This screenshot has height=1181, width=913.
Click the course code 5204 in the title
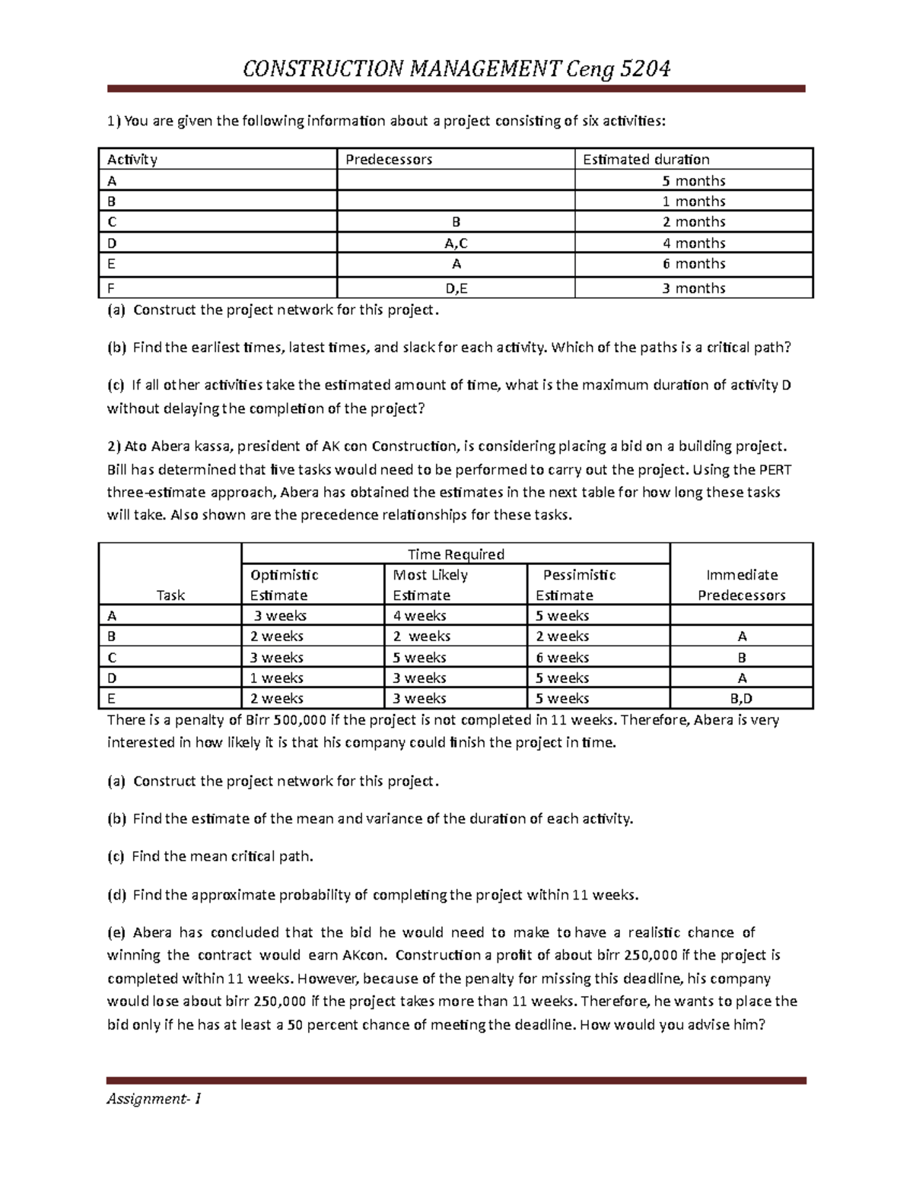coord(645,69)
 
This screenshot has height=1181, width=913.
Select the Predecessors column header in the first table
coord(389,160)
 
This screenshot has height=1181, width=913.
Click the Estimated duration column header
coord(646,160)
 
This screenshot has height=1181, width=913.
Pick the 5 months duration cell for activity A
coord(693,181)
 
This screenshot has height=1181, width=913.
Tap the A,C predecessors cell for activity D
coord(456,243)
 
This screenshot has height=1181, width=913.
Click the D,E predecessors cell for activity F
coord(456,288)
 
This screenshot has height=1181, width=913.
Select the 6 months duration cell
coord(693,264)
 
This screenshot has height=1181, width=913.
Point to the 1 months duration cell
coord(693,202)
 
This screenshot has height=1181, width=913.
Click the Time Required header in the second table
coord(456,554)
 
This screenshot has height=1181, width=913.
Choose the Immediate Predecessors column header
coord(741,585)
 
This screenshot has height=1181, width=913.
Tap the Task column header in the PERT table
coord(170,595)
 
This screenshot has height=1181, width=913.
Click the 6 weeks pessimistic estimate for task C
coord(562,658)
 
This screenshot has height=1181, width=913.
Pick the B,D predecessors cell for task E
coord(741,699)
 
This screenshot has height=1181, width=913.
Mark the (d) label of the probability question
coord(116,895)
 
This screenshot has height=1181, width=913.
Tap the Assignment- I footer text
coord(154,1099)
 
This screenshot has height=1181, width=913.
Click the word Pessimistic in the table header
coord(579,575)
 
